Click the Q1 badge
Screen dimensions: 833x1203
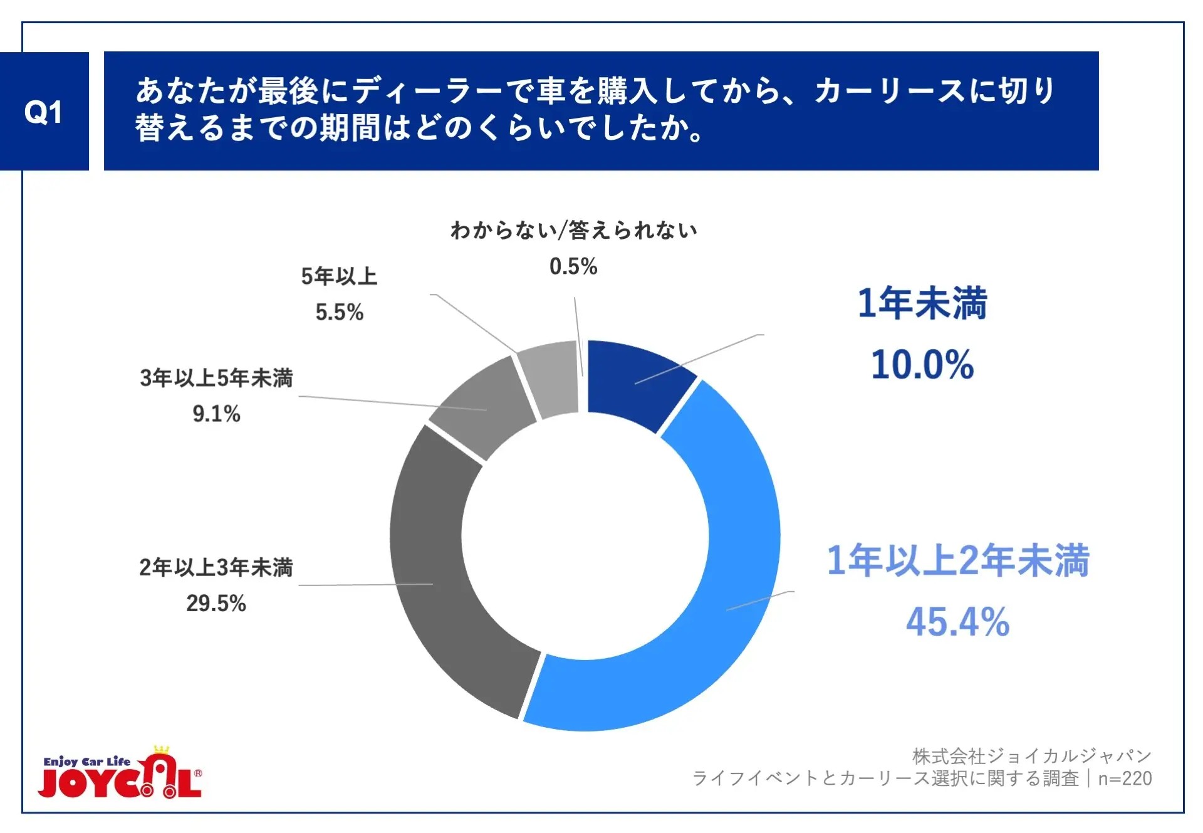pyautogui.click(x=44, y=112)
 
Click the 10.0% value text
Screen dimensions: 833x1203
pyautogui.click(x=922, y=365)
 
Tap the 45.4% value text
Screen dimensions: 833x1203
pyautogui.click(x=957, y=622)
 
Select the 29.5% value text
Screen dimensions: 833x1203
pyautogui.click(x=216, y=604)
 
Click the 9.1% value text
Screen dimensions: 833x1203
pyautogui.click(x=216, y=414)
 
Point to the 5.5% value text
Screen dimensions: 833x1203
pyautogui.click(x=339, y=312)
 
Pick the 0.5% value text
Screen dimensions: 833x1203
pyautogui.click(x=573, y=267)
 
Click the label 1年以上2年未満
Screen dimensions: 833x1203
pyautogui.click(x=958, y=560)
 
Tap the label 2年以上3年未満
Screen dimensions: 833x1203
pyautogui.click(x=216, y=567)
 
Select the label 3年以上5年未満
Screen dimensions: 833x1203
pyautogui.click(x=216, y=378)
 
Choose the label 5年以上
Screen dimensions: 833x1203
pyautogui.click(x=339, y=276)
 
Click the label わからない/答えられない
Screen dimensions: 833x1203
pyautogui.click(x=573, y=231)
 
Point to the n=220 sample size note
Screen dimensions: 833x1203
pyautogui.click(x=1125, y=778)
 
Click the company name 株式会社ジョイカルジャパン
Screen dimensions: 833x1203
pyautogui.click(x=1031, y=756)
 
